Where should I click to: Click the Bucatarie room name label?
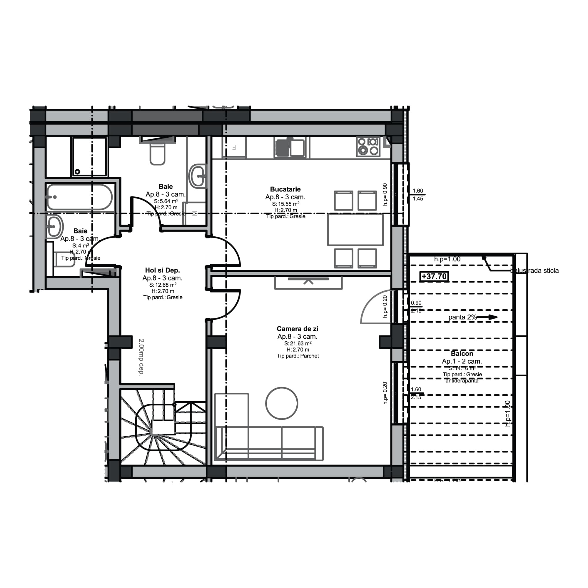coord(285,189)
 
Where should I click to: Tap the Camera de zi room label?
coord(297,329)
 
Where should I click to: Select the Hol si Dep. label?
coord(162,270)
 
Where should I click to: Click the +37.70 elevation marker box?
coord(434,276)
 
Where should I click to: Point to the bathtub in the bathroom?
coord(80,197)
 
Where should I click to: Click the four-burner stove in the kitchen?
coord(368,146)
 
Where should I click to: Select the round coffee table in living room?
coord(282,403)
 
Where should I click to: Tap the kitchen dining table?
coord(355,230)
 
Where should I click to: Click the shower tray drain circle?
coord(77,172)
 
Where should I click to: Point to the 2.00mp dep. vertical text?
coord(141,357)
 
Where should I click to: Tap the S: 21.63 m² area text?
coord(297,343)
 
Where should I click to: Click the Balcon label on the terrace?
coord(462,354)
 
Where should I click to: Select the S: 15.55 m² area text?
coord(285,204)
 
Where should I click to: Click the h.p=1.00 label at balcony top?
coord(447,259)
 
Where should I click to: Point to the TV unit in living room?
coord(308,283)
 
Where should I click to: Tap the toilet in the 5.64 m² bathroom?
coord(157,154)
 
